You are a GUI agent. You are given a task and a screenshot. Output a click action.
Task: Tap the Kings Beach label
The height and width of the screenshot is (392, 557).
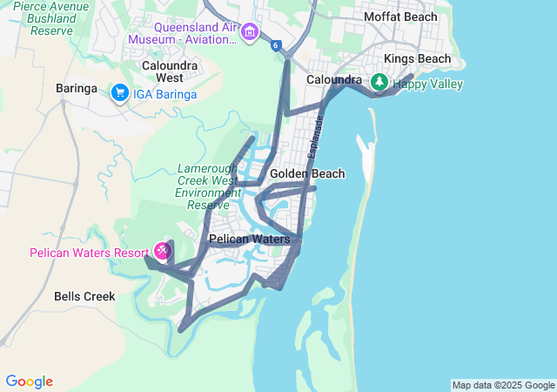(x=418, y=59)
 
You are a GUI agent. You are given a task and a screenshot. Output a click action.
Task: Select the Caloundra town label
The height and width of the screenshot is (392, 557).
(x=334, y=80)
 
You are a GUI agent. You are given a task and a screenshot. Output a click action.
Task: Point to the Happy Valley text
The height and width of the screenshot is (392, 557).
(x=427, y=84)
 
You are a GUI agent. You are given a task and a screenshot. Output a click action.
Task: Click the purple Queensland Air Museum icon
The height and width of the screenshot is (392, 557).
(x=251, y=32)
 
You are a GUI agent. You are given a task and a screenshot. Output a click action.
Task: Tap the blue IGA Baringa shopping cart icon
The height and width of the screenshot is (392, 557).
(x=119, y=92)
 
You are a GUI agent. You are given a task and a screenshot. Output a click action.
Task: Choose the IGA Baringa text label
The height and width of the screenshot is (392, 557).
(x=164, y=94)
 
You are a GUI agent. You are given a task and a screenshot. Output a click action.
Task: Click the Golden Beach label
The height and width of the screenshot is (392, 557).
(x=307, y=173)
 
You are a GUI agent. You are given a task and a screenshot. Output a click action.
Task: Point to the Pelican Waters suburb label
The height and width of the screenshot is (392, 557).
(x=249, y=239)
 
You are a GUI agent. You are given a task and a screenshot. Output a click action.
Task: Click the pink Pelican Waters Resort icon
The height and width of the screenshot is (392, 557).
(x=162, y=252)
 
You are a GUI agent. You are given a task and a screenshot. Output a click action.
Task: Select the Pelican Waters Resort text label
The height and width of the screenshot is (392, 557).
(x=89, y=253)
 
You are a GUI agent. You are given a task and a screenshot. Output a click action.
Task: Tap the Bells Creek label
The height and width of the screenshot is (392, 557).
(x=84, y=296)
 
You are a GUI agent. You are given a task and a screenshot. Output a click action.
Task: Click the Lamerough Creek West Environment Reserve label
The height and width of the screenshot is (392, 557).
(x=209, y=186)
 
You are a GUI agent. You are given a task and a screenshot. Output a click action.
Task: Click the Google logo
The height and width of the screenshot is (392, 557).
(x=29, y=382)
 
